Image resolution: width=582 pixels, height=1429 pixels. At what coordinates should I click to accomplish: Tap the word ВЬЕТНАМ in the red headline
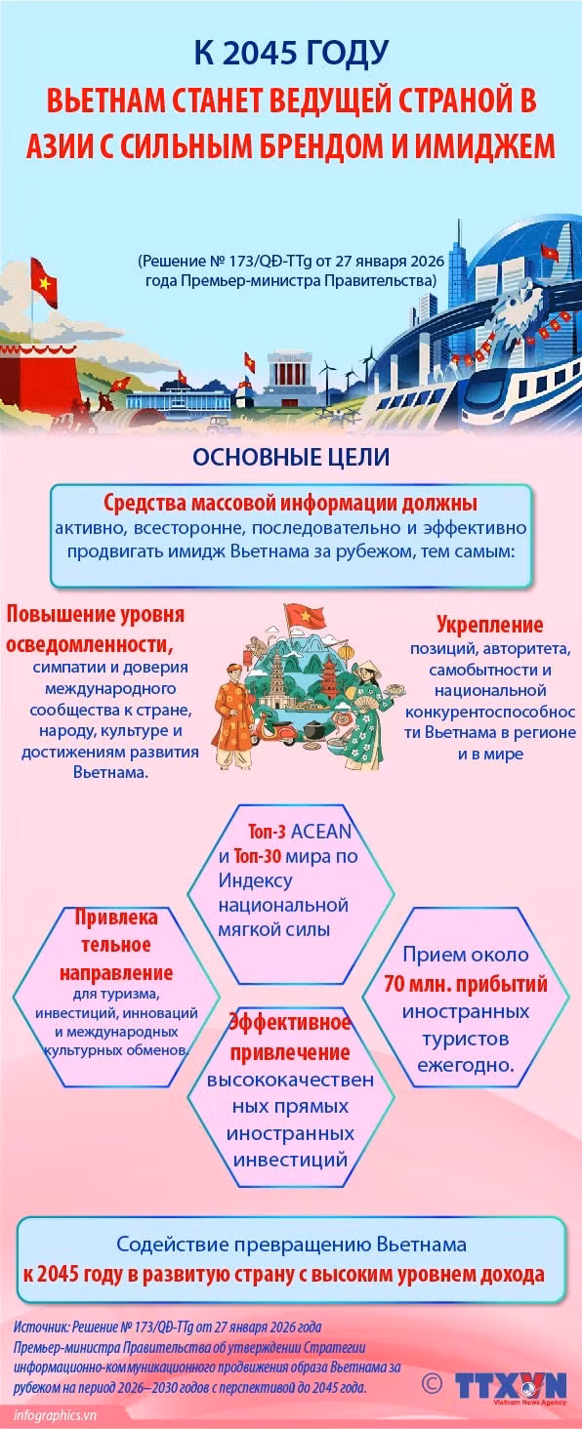(103, 101)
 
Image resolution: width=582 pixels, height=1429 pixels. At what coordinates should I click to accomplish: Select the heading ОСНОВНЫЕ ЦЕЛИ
(291, 457)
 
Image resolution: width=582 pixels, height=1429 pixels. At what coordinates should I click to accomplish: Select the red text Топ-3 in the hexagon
(267, 832)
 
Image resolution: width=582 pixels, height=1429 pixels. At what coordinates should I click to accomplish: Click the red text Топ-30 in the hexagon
(257, 855)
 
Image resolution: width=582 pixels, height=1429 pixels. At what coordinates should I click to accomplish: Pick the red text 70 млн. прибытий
(466, 984)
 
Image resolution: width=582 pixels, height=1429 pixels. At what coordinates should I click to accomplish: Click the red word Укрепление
(489, 624)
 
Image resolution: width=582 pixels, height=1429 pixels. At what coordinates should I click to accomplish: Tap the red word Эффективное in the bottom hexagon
(290, 1023)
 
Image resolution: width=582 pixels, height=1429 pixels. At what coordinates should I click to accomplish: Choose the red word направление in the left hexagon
(116, 973)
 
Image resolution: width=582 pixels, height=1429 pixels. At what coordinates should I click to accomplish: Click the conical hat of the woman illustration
(367, 669)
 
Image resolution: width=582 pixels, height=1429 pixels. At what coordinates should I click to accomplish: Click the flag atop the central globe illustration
(304, 616)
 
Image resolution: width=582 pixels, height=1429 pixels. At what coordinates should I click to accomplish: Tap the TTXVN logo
(511, 1386)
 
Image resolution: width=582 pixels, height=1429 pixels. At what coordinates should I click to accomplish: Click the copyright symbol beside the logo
(432, 1383)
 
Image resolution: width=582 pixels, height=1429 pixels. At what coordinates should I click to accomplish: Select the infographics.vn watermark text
(55, 1415)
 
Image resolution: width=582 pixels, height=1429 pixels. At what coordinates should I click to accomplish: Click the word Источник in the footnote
(41, 1327)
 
